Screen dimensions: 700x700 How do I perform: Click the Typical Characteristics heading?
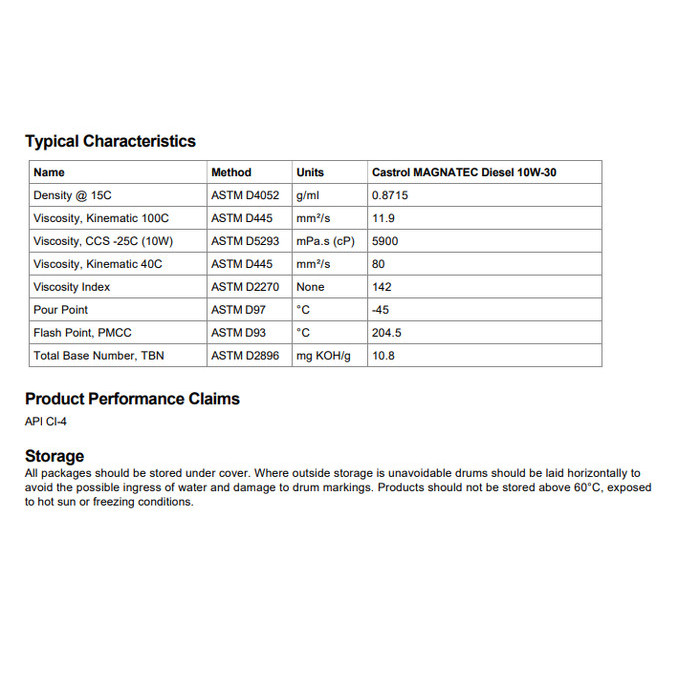coord(110,141)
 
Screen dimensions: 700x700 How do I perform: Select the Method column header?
coord(231,172)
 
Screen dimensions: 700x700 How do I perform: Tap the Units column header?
coord(310,172)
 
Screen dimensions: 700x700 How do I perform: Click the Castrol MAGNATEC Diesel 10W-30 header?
coord(464,172)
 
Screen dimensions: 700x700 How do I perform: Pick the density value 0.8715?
coord(390,195)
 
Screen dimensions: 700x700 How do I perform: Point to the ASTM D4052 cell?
coord(246,195)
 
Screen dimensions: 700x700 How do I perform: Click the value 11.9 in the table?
coord(383,218)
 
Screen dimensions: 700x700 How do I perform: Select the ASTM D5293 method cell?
coord(246,241)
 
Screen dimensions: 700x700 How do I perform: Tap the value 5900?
coord(385,241)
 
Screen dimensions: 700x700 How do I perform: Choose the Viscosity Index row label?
coord(71,287)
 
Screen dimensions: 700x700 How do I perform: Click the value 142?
coord(381,287)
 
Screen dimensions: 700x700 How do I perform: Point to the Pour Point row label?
coord(60,310)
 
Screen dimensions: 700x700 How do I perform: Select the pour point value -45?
coord(380,310)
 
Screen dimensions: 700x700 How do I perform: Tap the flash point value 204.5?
coord(387,333)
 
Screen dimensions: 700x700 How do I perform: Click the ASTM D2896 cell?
coord(246,356)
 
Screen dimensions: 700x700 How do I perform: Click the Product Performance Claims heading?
coord(132,399)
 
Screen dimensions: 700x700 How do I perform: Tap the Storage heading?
coord(54,456)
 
